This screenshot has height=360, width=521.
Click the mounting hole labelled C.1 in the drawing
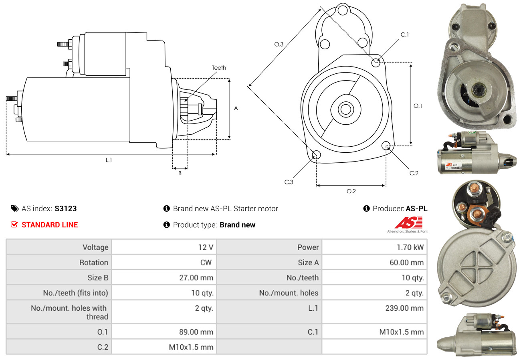376,63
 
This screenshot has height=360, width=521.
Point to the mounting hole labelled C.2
386,145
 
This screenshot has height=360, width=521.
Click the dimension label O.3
279,44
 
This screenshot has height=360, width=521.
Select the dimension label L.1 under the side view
109,160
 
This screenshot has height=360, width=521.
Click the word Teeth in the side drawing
219,68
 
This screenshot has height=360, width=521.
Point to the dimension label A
236,108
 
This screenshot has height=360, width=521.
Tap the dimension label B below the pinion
180,173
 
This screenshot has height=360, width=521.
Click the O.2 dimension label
351,191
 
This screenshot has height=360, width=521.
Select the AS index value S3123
66,208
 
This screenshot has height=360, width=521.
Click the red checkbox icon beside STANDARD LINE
14,224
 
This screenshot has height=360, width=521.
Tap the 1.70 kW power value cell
410,247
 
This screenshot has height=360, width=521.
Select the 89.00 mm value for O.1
196,332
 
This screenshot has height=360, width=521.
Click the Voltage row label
95,247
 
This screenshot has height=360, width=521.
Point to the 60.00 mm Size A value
406,263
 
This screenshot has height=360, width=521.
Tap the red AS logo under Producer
408,223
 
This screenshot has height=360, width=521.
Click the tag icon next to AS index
14,208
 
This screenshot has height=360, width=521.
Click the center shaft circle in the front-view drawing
345,109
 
